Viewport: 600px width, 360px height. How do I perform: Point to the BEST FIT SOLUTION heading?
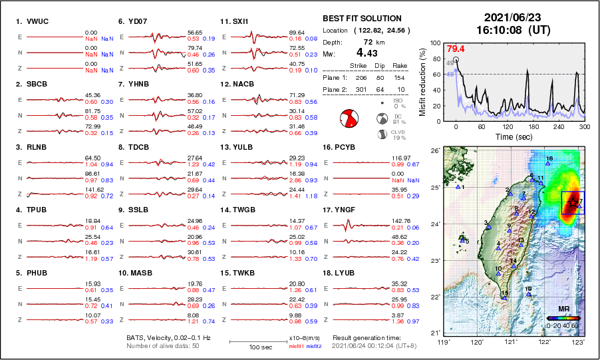click(x=362, y=19)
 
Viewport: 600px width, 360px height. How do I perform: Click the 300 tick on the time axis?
click(x=585, y=126)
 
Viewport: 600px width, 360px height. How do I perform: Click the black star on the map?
click(x=574, y=202)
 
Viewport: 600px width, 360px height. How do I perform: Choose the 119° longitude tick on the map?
click(x=443, y=343)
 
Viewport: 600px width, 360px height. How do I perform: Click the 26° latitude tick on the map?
click(x=434, y=151)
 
